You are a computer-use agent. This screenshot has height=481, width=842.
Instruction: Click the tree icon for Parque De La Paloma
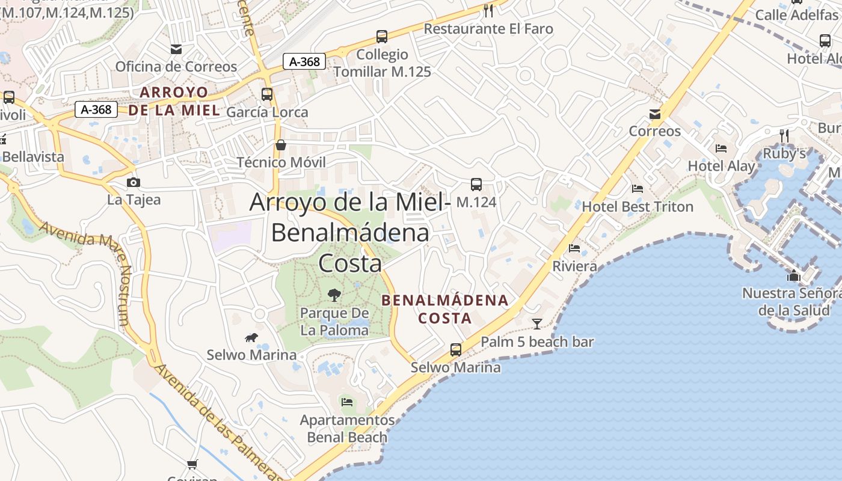[x=334, y=295]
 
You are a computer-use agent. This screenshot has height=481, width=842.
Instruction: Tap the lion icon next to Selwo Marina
[x=251, y=338]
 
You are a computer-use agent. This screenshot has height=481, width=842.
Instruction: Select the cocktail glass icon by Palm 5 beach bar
[x=537, y=323]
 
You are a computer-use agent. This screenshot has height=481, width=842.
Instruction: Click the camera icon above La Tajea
[x=134, y=182]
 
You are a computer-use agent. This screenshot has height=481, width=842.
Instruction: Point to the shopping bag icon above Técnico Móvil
[x=281, y=145]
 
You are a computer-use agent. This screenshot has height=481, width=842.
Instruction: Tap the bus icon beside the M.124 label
[x=476, y=185]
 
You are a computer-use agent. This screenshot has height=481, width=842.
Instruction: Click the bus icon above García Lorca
[x=267, y=94]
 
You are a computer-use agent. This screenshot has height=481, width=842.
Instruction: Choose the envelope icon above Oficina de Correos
[x=176, y=49]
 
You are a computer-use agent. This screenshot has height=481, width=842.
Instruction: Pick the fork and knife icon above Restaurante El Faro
[x=488, y=11]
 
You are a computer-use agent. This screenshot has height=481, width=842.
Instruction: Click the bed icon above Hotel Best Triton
[x=638, y=189]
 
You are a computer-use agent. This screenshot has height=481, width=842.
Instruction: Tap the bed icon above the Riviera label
[x=575, y=248]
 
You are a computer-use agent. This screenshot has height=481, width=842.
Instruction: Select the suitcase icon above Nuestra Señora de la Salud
[x=794, y=276]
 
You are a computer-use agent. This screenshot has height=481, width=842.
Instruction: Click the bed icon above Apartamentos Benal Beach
[x=347, y=402]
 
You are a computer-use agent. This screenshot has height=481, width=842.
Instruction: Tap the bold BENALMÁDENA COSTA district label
[x=445, y=308]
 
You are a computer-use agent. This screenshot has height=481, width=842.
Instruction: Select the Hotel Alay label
[x=721, y=166]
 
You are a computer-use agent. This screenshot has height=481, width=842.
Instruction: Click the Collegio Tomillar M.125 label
[x=383, y=63]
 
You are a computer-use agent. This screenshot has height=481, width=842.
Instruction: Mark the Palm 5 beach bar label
[x=537, y=342]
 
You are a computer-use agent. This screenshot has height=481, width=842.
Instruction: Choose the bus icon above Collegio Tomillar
[x=382, y=37]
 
